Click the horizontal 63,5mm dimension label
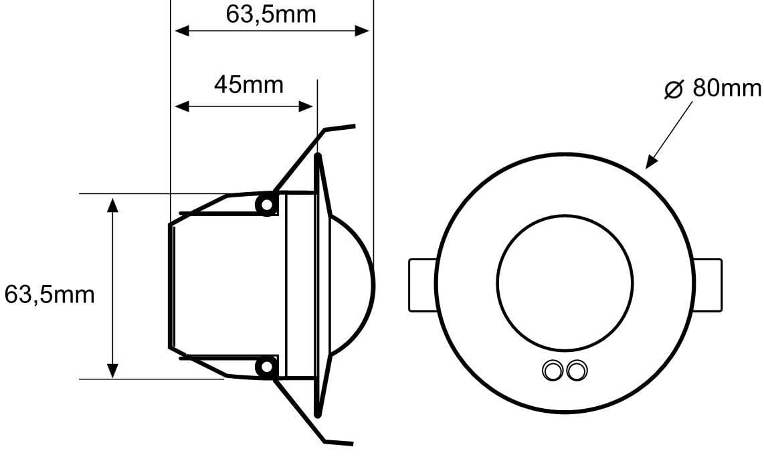271,15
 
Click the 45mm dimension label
248,85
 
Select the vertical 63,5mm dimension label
50,295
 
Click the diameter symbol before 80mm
674,89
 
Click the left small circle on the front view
553,371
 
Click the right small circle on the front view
577,371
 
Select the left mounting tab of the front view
422,286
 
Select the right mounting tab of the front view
708,286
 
